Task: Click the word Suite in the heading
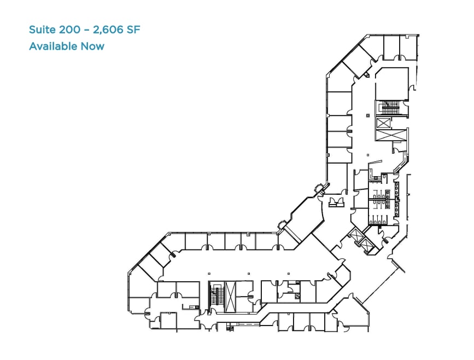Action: (x=42, y=29)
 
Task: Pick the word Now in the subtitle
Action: (x=92, y=46)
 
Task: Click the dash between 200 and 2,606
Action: (x=87, y=29)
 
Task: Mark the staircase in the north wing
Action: (x=391, y=107)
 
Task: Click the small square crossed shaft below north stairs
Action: (x=382, y=122)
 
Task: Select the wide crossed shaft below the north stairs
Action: (x=390, y=135)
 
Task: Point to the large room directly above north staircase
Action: (x=391, y=83)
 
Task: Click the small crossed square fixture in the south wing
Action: (x=297, y=296)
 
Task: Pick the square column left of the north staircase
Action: (x=367, y=115)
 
